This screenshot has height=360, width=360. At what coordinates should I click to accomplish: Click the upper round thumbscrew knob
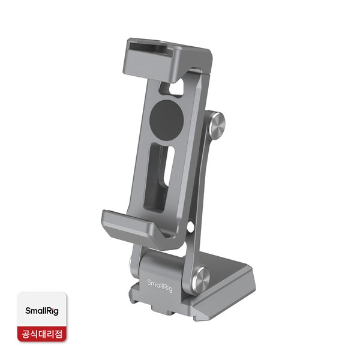[217, 125]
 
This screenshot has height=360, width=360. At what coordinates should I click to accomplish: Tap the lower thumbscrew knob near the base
[201, 281]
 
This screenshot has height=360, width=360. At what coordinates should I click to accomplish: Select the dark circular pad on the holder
[166, 119]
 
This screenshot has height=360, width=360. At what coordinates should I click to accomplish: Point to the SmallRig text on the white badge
[42, 311]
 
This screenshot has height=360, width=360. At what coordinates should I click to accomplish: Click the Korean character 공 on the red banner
[26, 334]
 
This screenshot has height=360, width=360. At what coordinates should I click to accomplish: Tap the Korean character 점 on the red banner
[58, 334]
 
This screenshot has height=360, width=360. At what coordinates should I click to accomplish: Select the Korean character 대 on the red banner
[42, 334]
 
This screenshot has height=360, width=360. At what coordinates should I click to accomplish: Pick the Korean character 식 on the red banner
[34, 334]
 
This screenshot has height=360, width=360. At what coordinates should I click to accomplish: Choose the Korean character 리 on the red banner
[50, 334]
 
